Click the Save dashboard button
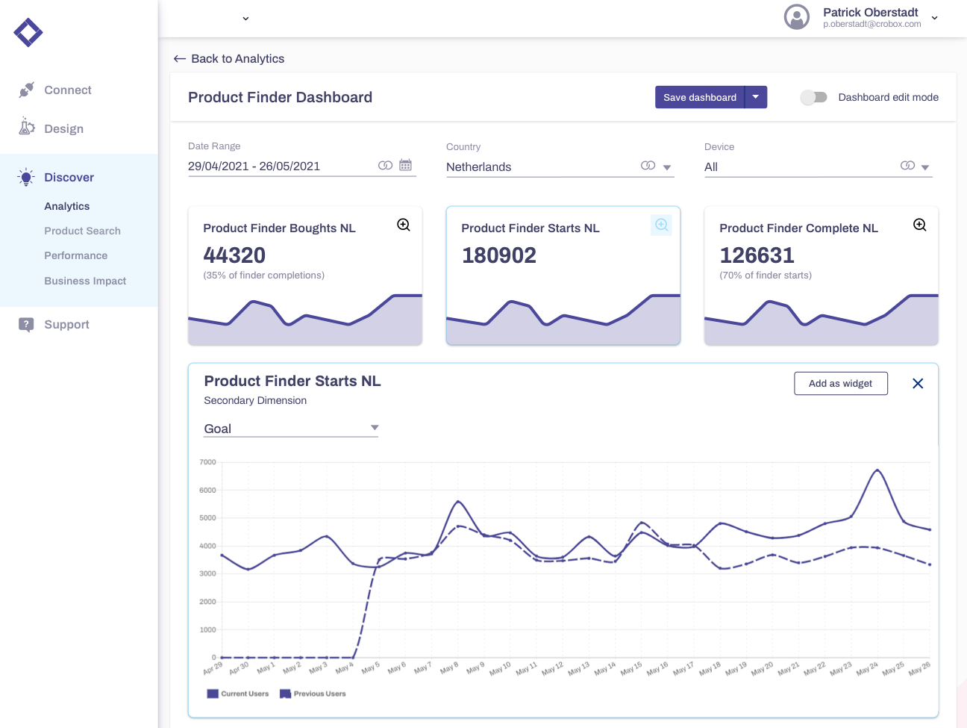699,97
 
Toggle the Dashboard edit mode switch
813,97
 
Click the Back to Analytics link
229,59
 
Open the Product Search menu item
82,231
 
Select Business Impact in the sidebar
85,281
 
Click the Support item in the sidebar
66,325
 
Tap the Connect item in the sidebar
67,90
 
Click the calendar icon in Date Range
405,165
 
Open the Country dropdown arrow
667,167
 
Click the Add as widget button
840,383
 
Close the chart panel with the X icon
918,383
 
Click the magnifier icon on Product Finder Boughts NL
404,225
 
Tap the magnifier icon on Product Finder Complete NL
920,225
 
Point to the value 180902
498,255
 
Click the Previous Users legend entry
313,694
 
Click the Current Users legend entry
238,694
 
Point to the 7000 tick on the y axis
207,462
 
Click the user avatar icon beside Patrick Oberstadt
797,16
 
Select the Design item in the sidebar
63,129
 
